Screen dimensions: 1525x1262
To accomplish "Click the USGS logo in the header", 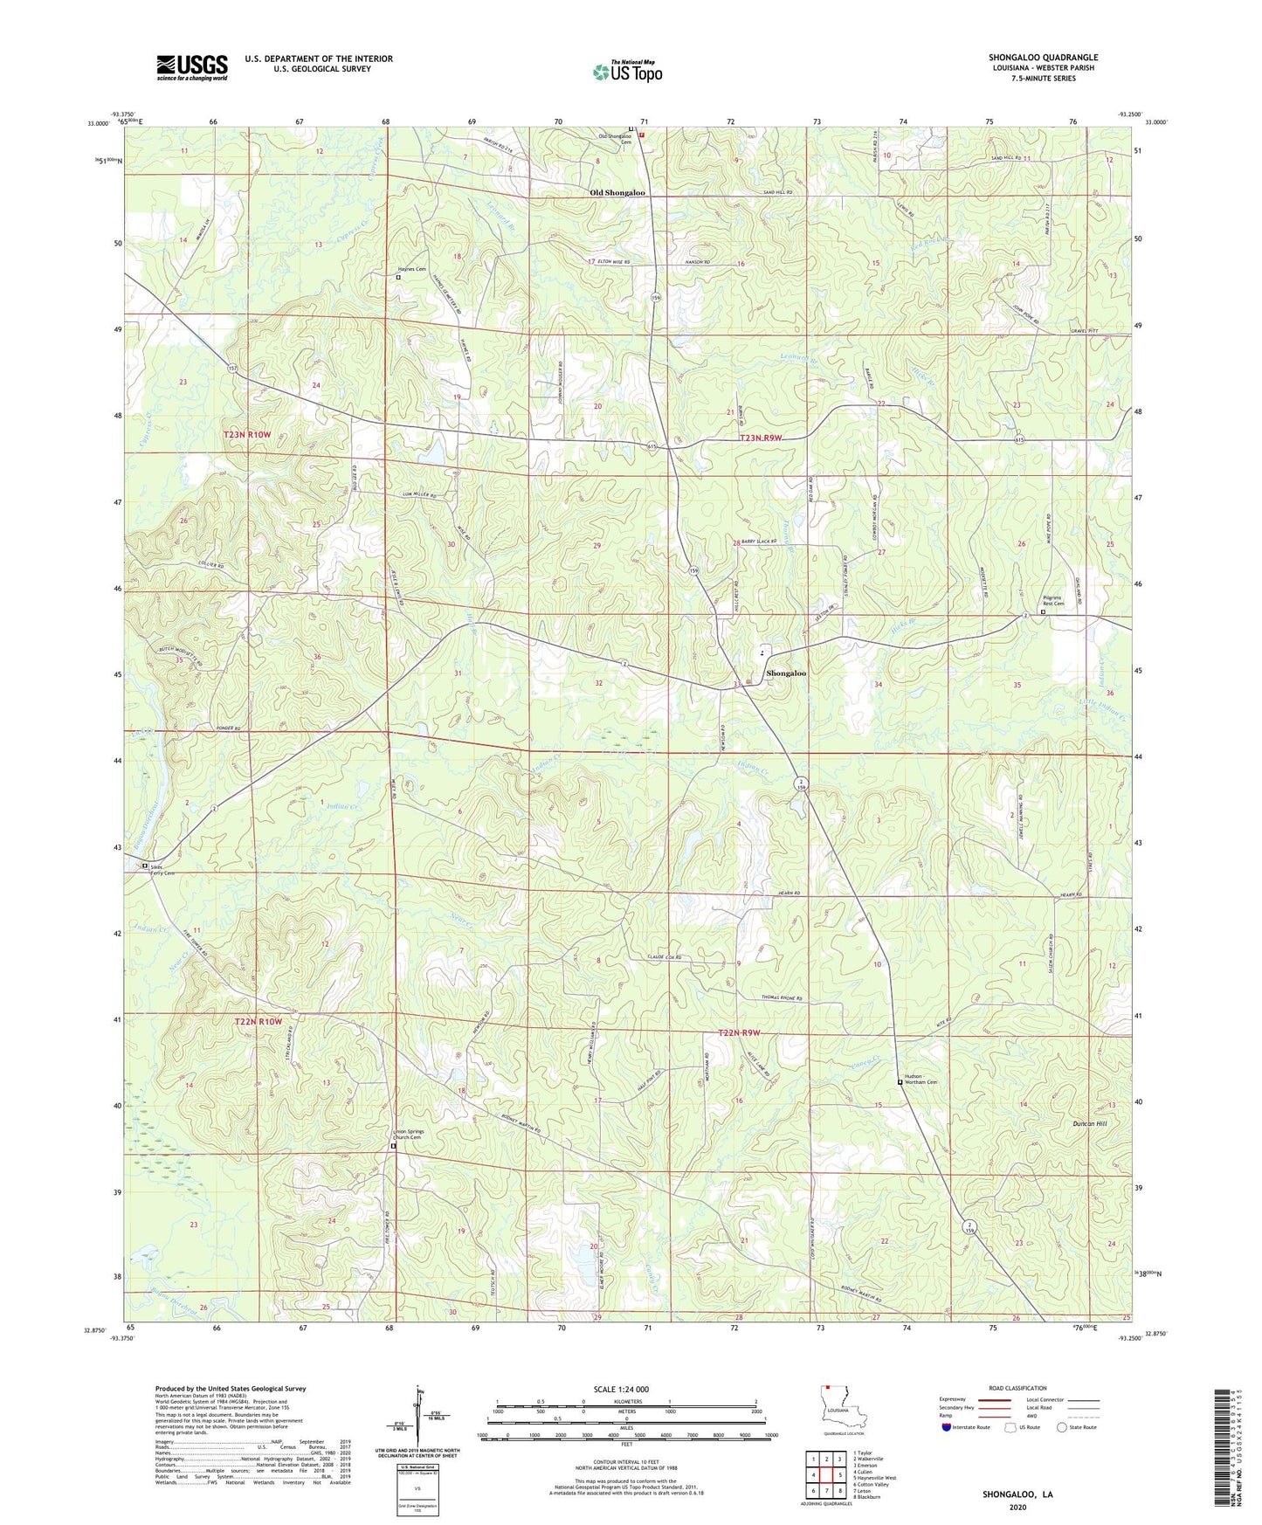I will coord(192,67).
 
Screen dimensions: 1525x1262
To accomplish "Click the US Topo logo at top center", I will coord(627,71).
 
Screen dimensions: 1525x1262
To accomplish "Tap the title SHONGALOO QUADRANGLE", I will coord(1043,58).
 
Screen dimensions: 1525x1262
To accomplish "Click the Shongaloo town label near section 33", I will coord(786,673).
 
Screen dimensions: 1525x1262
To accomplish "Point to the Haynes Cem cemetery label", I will coord(413,269).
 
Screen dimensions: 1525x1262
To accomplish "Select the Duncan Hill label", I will coord(1090,1123).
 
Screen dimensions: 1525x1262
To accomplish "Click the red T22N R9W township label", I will coord(739,1033).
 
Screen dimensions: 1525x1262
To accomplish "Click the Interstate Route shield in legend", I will coord(947,1427).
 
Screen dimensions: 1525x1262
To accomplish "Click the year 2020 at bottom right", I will coord(1017,1507).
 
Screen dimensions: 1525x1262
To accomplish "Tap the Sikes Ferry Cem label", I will coord(162,868).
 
